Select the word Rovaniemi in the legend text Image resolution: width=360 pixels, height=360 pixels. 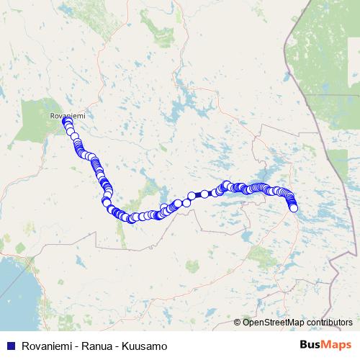point(45,345)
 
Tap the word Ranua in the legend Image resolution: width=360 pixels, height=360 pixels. point(94,345)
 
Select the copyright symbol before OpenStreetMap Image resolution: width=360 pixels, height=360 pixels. point(238,322)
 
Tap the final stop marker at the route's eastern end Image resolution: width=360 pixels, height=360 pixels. point(293,208)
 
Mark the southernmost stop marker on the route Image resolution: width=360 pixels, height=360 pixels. point(131,219)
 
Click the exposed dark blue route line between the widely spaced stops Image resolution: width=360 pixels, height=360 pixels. point(198,194)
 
